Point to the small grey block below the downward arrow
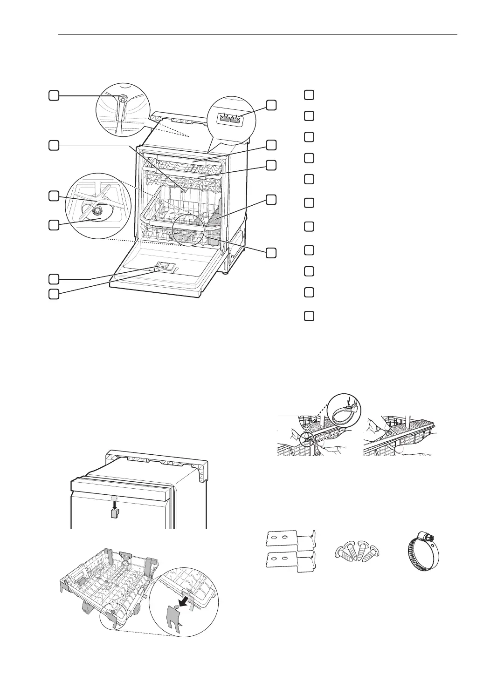tap(114, 513)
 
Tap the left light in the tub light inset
tap(225, 118)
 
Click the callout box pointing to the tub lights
tap(271, 104)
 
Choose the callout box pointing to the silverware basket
tap(271, 200)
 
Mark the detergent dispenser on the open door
tap(164, 267)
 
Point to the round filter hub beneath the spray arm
tap(97, 212)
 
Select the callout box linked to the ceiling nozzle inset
tap(54, 95)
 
